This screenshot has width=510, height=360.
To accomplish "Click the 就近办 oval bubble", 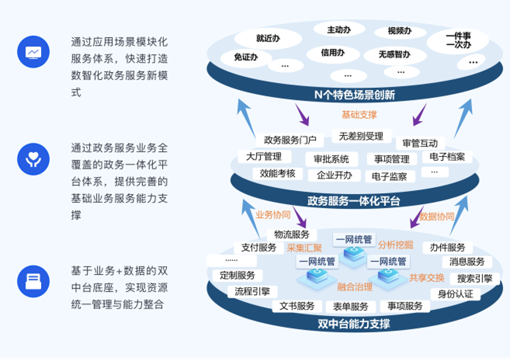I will tap(268, 38).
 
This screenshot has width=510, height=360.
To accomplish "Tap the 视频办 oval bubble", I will tap(400, 31).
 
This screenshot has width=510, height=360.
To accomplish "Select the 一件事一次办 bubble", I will tap(458, 41).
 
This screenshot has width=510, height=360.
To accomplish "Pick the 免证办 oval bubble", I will tap(246, 57).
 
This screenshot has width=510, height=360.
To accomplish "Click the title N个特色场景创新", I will tap(355, 94).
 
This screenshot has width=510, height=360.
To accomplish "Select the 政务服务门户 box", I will tap(290, 139).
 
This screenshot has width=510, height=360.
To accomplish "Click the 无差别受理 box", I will tap(361, 136).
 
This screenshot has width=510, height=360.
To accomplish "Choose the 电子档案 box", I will tap(447, 157).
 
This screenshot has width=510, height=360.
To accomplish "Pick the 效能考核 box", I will tap(278, 173).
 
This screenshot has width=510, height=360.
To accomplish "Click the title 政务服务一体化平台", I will tap(354, 201).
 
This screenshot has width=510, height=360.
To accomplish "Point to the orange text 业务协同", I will tap(273, 215).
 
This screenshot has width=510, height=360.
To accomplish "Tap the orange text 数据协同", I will tap(437, 216).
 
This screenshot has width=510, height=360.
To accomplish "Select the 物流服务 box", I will tap(292, 234).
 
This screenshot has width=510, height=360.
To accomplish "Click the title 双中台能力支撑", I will tap(354, 324).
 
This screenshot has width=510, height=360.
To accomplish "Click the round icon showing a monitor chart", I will tap(33, 52).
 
